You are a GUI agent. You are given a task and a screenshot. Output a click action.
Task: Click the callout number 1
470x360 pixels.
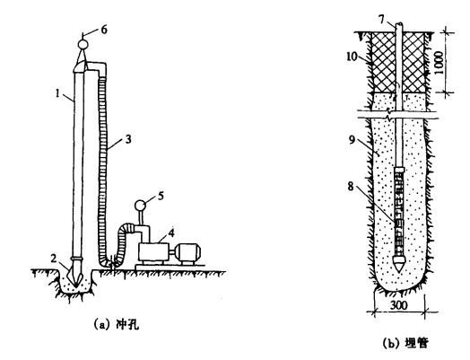click(x=58, y=93)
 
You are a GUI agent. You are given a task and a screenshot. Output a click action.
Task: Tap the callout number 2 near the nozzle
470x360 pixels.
click(x=54, y=259)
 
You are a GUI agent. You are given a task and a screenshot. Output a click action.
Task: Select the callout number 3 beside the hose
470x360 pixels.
click(x=128, y=139)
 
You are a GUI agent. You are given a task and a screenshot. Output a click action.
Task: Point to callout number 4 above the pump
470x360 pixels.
click(x=171, y=233)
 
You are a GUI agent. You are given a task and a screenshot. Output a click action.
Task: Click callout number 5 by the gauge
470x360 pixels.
click(x=161, y=196)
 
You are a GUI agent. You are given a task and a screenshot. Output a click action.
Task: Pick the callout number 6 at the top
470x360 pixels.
click(x=104, y=30)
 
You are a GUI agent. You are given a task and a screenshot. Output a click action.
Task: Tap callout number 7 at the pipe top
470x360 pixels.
click(x=381, y=19)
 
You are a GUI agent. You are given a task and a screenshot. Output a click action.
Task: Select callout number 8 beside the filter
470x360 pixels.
click(x=351, y=187)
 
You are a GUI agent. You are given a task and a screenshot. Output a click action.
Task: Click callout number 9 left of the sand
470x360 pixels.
click(x=352, y=139)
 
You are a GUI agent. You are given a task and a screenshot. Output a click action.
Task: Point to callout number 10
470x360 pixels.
click(x=352, y=57)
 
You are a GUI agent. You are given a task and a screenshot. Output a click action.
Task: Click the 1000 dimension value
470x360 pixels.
click(x=440, y=63)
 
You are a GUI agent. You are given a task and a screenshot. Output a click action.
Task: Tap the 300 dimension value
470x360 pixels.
click(x=399, y=305)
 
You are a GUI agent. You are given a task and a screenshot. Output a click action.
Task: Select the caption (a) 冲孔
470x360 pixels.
click(x=117, y=325)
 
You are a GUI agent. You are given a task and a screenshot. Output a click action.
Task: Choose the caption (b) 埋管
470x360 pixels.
click(x=405, y=343)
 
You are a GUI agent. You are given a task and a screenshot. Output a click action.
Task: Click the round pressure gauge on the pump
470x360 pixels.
click(x=140, y=206)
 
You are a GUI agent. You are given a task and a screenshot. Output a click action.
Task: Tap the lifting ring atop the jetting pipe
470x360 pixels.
click(x=83, y=44)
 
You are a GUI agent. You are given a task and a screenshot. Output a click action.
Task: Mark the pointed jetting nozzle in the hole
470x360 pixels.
click(x=74, y=275)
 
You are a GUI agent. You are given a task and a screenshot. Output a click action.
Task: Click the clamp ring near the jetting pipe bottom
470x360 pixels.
click(x=79, y=258)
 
